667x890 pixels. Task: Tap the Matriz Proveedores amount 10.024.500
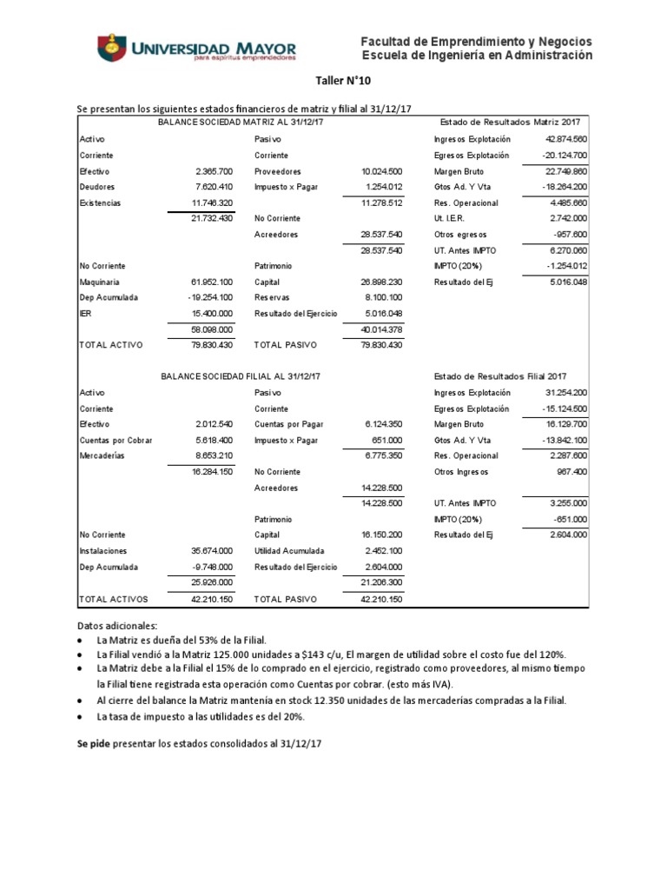click(x=381, y=171)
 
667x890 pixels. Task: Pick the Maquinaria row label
click(x=100, y=282)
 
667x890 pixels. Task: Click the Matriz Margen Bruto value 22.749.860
click(x=565, y=171)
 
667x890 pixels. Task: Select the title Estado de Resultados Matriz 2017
click(x=511, y=122)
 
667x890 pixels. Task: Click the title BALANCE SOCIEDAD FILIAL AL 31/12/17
click(x=241, y=375)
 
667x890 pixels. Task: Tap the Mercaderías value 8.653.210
click(x=212, y=455)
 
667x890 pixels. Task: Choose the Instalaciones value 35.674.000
click(x=211, y=551)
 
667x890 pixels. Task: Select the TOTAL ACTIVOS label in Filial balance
click(x=114, y=599)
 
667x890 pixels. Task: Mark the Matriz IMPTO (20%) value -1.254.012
click(x=566, y=266)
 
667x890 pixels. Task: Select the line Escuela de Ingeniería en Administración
click(x=476, y=56)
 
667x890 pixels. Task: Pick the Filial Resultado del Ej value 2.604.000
click(x=569, y=535)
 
